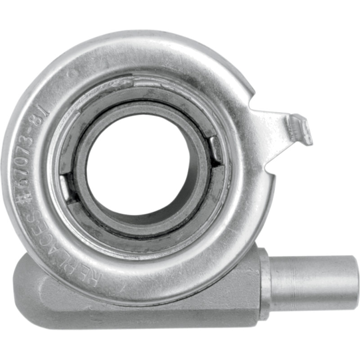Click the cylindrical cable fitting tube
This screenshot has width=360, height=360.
pos(315,282)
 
